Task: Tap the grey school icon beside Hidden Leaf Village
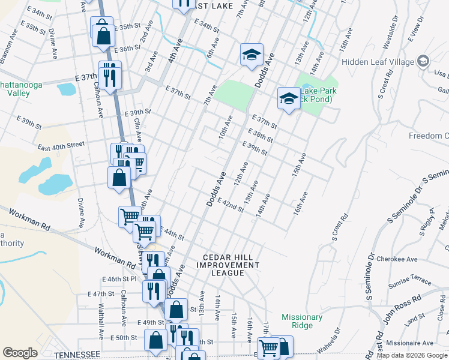(x=423, y=61)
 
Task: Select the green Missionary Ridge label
(x=303, y=321)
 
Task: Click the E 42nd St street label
(x=231, y=205)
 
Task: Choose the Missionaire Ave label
(x=411, y=343)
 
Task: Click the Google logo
(x=20, y=353)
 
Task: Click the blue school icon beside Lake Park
(x=289, y=98)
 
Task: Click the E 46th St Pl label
(x=120, y=279)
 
